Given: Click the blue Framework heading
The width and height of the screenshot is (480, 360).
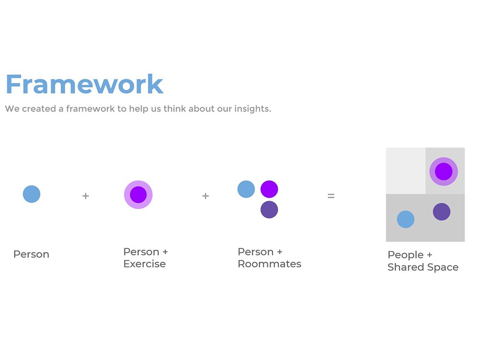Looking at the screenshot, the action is (x=84, y=84).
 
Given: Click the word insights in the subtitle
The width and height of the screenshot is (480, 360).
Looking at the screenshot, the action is (x=252, y=109).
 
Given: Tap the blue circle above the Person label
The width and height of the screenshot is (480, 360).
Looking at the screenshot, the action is (x=32, y=194).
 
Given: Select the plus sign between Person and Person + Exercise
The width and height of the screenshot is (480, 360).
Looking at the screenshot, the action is (x=86, y=196).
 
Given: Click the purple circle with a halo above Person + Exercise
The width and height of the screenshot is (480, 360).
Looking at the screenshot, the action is (x=138, y=195).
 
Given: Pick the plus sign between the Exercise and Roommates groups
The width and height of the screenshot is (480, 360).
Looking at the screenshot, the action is (x=206, y=196).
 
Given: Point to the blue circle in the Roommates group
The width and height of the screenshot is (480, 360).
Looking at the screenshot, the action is (x=246, y=189).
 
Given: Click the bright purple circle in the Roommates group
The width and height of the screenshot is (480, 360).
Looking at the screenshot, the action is (x=269, y=189).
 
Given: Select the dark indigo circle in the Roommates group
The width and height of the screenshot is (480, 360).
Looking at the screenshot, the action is (x=269, y=210).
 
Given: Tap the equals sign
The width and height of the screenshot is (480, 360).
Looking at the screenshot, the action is (x=331, y=196).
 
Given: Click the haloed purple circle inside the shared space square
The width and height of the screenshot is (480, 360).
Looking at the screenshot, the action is (x=444, y=171).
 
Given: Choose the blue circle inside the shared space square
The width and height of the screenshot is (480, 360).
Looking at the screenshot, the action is (x=406, y=219).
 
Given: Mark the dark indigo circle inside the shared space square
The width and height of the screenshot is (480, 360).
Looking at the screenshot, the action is (x=442, y=212).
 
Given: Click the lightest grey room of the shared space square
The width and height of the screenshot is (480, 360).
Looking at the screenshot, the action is (x=406, y=170).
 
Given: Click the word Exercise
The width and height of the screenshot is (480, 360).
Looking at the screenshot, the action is (x=144, y=264).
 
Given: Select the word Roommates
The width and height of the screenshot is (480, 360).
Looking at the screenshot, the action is (x=269, y=264).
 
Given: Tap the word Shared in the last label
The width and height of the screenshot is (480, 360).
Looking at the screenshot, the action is (x=406, y=267).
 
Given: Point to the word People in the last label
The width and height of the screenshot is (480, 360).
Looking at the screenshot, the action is (x=406, y=255).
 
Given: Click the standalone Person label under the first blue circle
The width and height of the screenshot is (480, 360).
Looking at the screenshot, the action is (x=31, y=254).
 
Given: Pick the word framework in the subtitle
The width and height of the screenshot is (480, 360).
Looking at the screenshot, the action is (x=90, y=108).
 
